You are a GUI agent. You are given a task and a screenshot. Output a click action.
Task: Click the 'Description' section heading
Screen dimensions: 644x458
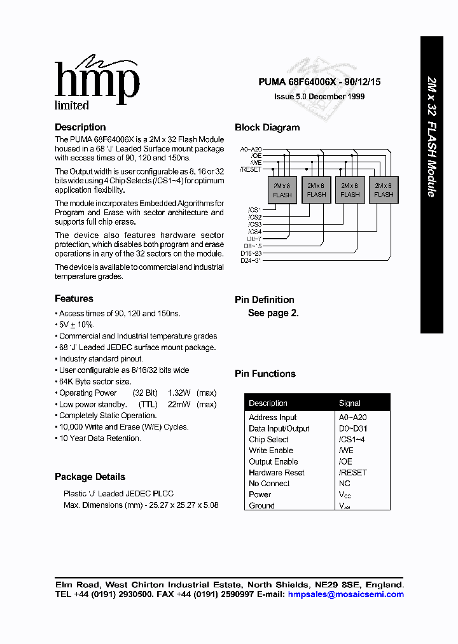pyautogui.click(x=80, y=127)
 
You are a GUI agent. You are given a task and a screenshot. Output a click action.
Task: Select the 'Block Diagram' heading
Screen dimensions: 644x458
pyautogui.click(x=267, y=127)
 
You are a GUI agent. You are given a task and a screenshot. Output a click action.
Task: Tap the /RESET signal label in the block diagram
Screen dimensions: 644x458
pyautogui.click(x=251, y=169)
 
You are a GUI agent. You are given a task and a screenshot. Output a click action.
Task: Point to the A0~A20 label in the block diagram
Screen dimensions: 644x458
pyautogui.click(x=251, y=148)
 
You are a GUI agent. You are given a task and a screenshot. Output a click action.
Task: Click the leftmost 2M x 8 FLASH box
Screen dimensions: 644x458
pyautogui.click(x=282, y=190)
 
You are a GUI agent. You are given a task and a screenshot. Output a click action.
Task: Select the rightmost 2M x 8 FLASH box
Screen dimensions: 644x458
pyautogui.click(x=384, y=190)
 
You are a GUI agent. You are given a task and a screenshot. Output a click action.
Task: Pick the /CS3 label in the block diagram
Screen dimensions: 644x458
pyautogui.click(x=254, y=224)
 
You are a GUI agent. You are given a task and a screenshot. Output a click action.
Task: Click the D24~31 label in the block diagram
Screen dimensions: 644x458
pyautogui.click(x=251, y=260)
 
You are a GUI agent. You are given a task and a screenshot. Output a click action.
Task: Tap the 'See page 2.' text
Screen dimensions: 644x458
pyautogui.click(x=273, y=313)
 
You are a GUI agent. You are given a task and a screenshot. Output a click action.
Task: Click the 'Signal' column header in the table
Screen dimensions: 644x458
pyautogui.click(x=350, y=403)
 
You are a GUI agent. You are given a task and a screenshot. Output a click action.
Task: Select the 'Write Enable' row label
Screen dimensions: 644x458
pyautogui.click(x=271, y=451)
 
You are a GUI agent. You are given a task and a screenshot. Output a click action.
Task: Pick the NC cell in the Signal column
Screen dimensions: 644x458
pyautogui.click(x=344, y=484)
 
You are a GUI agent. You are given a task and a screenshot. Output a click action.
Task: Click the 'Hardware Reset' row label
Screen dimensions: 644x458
pyautogui.click(x=277, y=473)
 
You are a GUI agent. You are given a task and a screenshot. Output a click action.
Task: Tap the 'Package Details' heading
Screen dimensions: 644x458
pyautogui.click(x=90, y=477)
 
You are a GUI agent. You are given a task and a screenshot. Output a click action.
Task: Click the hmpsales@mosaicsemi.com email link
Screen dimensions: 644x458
pyautogui.click(x=345, y=594)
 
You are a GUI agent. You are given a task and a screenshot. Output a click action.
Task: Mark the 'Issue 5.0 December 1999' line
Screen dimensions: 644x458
pyautogui.click(x=319, y=97)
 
